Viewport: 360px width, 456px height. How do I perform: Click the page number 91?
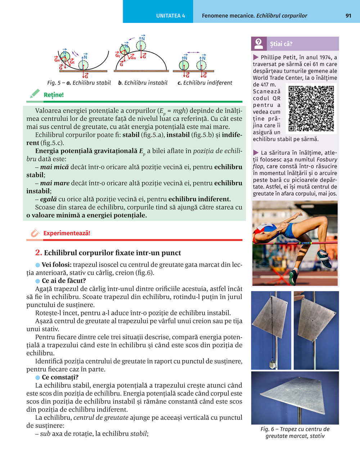[x=348, y=16]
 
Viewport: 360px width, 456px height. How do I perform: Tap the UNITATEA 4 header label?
[x=171, y=16]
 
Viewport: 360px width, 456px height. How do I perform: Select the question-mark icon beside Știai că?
[x=258, y=44]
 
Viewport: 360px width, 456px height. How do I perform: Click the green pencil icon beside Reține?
[x=35, y=94]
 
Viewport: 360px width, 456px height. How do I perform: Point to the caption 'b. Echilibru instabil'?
[x=143, y=83]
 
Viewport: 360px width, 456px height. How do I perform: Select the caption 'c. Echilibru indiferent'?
[x=205, y=83]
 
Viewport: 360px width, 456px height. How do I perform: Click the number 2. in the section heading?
[x=39, y=253]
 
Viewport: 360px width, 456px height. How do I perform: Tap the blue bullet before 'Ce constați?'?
[x=37, y=378]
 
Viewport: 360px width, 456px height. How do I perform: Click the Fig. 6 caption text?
[x=295, y=433]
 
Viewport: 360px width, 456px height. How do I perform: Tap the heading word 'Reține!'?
[x=54, y=95]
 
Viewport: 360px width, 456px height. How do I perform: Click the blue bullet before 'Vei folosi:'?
[x=37, y=265]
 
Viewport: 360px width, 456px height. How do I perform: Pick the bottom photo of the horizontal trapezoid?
[x=295, y=398]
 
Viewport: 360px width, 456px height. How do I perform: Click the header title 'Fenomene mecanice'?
[x=228, y=16]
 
